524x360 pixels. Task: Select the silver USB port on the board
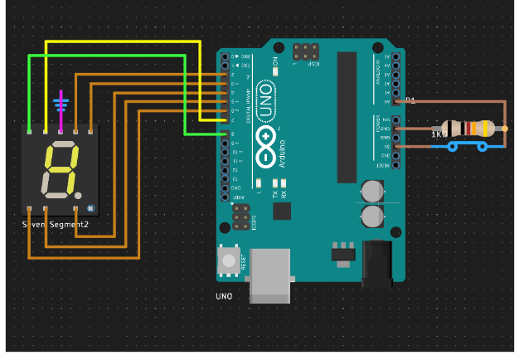coord(272,273)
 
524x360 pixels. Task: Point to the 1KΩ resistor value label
coord(438,134)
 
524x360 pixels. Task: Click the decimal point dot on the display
coord(90,207)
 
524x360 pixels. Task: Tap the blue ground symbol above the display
coord(60,105)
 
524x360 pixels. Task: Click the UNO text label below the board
coord(224,296)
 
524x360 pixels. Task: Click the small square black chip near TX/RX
coord(282,212)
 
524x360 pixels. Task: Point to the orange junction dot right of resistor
coord(504,129)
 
